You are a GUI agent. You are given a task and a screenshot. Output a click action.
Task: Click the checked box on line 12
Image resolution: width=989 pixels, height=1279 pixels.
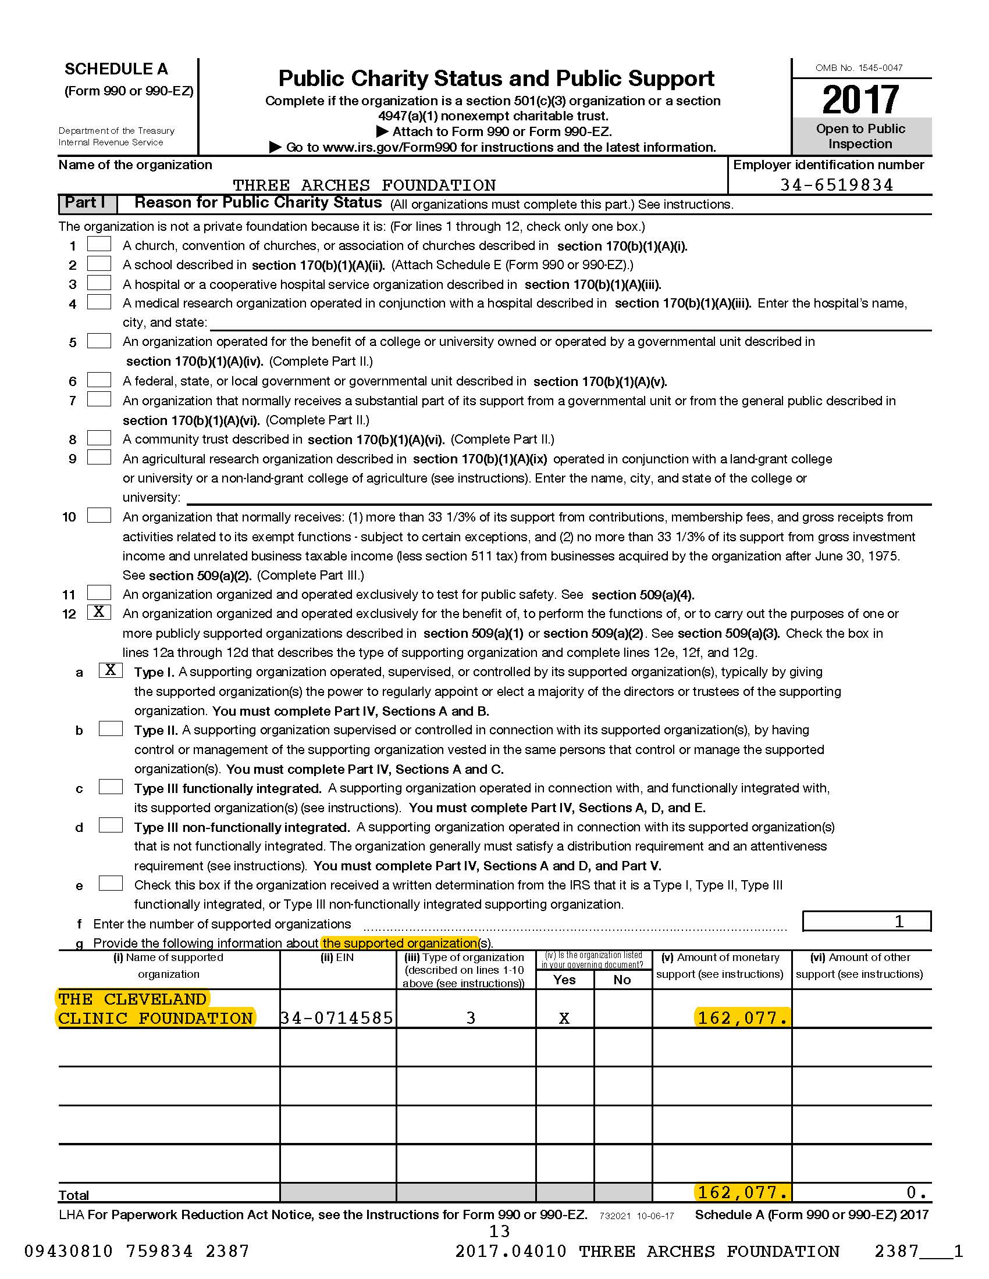(x=99, y=612)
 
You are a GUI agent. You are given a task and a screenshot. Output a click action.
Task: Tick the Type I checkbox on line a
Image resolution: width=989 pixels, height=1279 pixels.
(x=110, y=670)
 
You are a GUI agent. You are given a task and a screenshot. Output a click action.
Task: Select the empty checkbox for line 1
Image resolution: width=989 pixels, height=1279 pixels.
(x=99, y=244)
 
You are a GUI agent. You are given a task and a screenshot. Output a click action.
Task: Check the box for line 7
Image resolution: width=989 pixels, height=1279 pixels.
(x=99, y=399)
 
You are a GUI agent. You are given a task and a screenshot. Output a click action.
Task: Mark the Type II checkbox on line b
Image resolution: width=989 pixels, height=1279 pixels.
(x=110, y=728)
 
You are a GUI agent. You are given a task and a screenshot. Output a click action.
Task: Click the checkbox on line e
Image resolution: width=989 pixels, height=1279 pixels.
(x=110, y=883)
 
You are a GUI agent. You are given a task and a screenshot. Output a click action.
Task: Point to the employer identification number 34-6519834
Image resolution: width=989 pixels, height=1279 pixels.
(x=837, y=185)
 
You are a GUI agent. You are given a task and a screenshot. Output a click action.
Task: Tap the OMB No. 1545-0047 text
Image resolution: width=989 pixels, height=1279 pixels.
(x=859, y=68)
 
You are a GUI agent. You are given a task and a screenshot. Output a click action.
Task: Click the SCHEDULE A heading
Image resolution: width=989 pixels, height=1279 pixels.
(x=116, y=69)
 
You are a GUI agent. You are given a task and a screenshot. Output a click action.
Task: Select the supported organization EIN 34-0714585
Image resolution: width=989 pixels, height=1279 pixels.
(x=337, y=1018)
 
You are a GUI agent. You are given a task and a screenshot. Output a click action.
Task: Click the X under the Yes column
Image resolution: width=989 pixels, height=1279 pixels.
(x=564, y=1019)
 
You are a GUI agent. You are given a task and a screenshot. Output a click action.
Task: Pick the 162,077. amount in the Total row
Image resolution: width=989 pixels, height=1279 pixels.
(x=742, y=1192)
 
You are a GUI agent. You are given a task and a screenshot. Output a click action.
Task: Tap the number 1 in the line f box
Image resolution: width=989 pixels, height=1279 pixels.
(x=899, y=922)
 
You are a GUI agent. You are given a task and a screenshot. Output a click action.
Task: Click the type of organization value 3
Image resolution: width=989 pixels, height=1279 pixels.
(x=471, y=1018)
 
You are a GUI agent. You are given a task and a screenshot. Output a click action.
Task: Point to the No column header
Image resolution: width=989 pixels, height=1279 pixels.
(x=622, y=980)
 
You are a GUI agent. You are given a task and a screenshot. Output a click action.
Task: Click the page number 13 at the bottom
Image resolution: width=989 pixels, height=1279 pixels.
(x=499, y=1231)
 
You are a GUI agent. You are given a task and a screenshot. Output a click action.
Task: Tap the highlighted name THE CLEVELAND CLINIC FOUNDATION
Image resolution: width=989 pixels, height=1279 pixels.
(x=155, y=1009)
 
